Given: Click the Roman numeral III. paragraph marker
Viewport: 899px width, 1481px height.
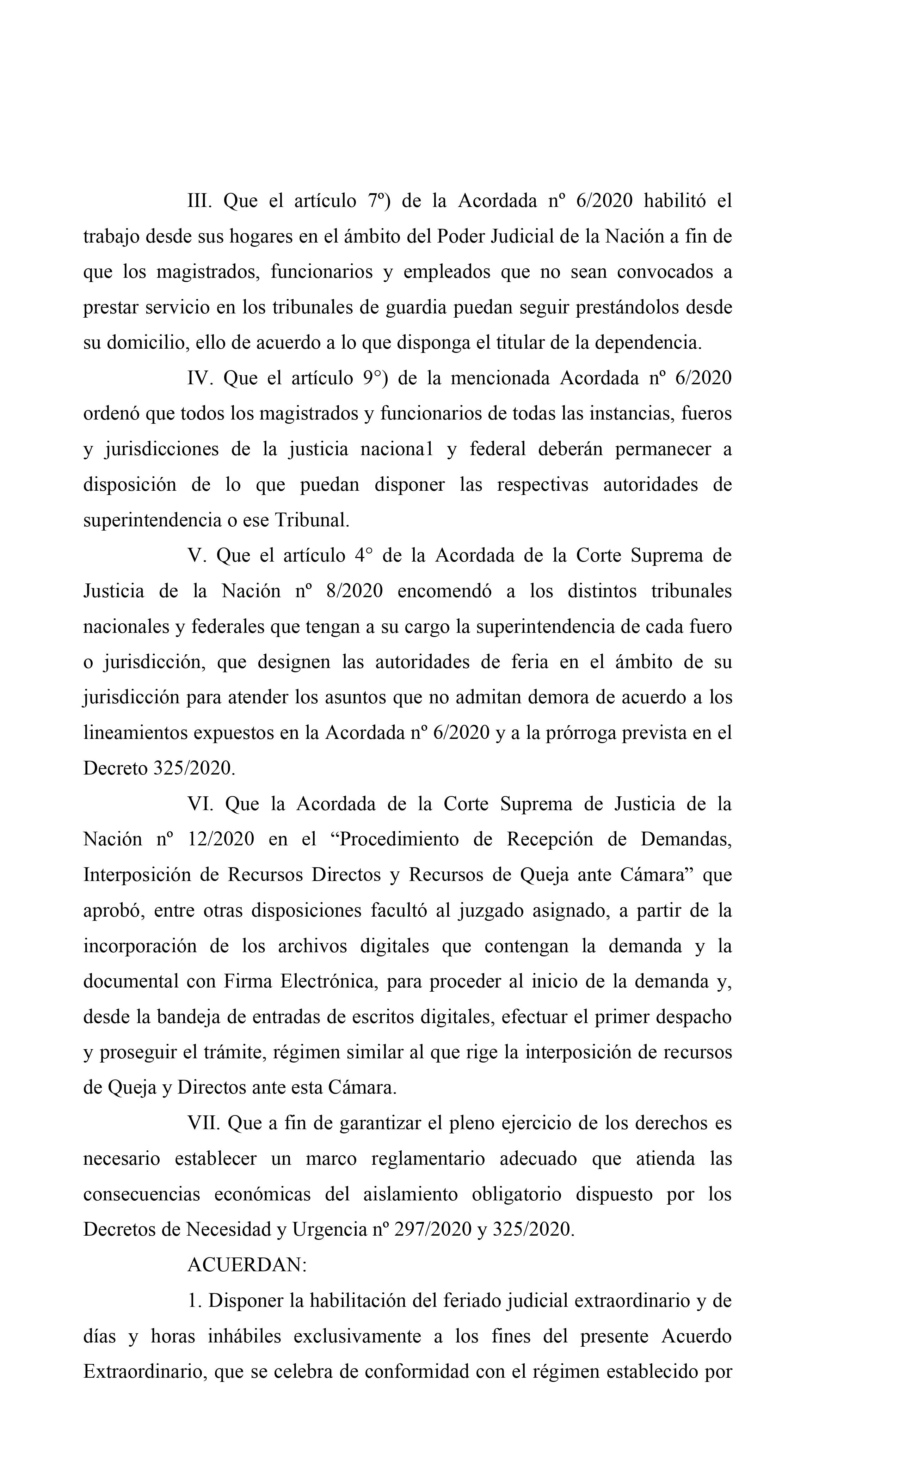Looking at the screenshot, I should [x=199, y=201].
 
